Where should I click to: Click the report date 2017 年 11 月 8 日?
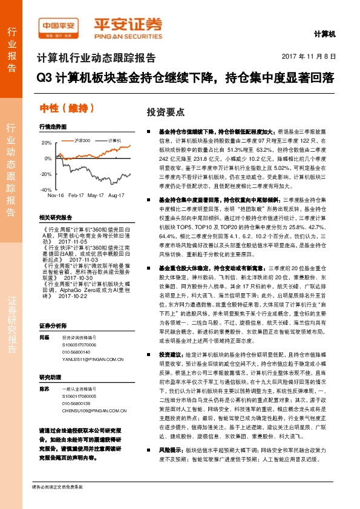pos(309,57)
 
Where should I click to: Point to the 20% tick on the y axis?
pos(47,143)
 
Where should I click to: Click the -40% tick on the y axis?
pos(47,189)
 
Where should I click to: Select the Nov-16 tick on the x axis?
pos(56,195)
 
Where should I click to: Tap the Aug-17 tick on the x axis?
pos(116,195)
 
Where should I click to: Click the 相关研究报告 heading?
pos(55,217)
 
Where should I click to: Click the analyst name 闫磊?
pos(44,337)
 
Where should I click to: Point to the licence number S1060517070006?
pos(79,345)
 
